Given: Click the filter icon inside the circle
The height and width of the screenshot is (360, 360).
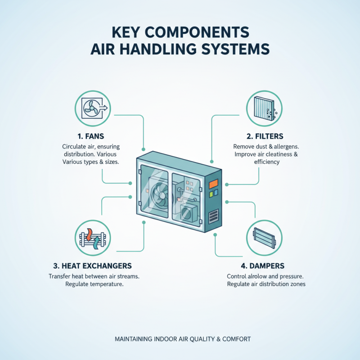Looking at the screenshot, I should coord(264,108).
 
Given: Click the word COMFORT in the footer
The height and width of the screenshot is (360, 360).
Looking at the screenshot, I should coord(238,338).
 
